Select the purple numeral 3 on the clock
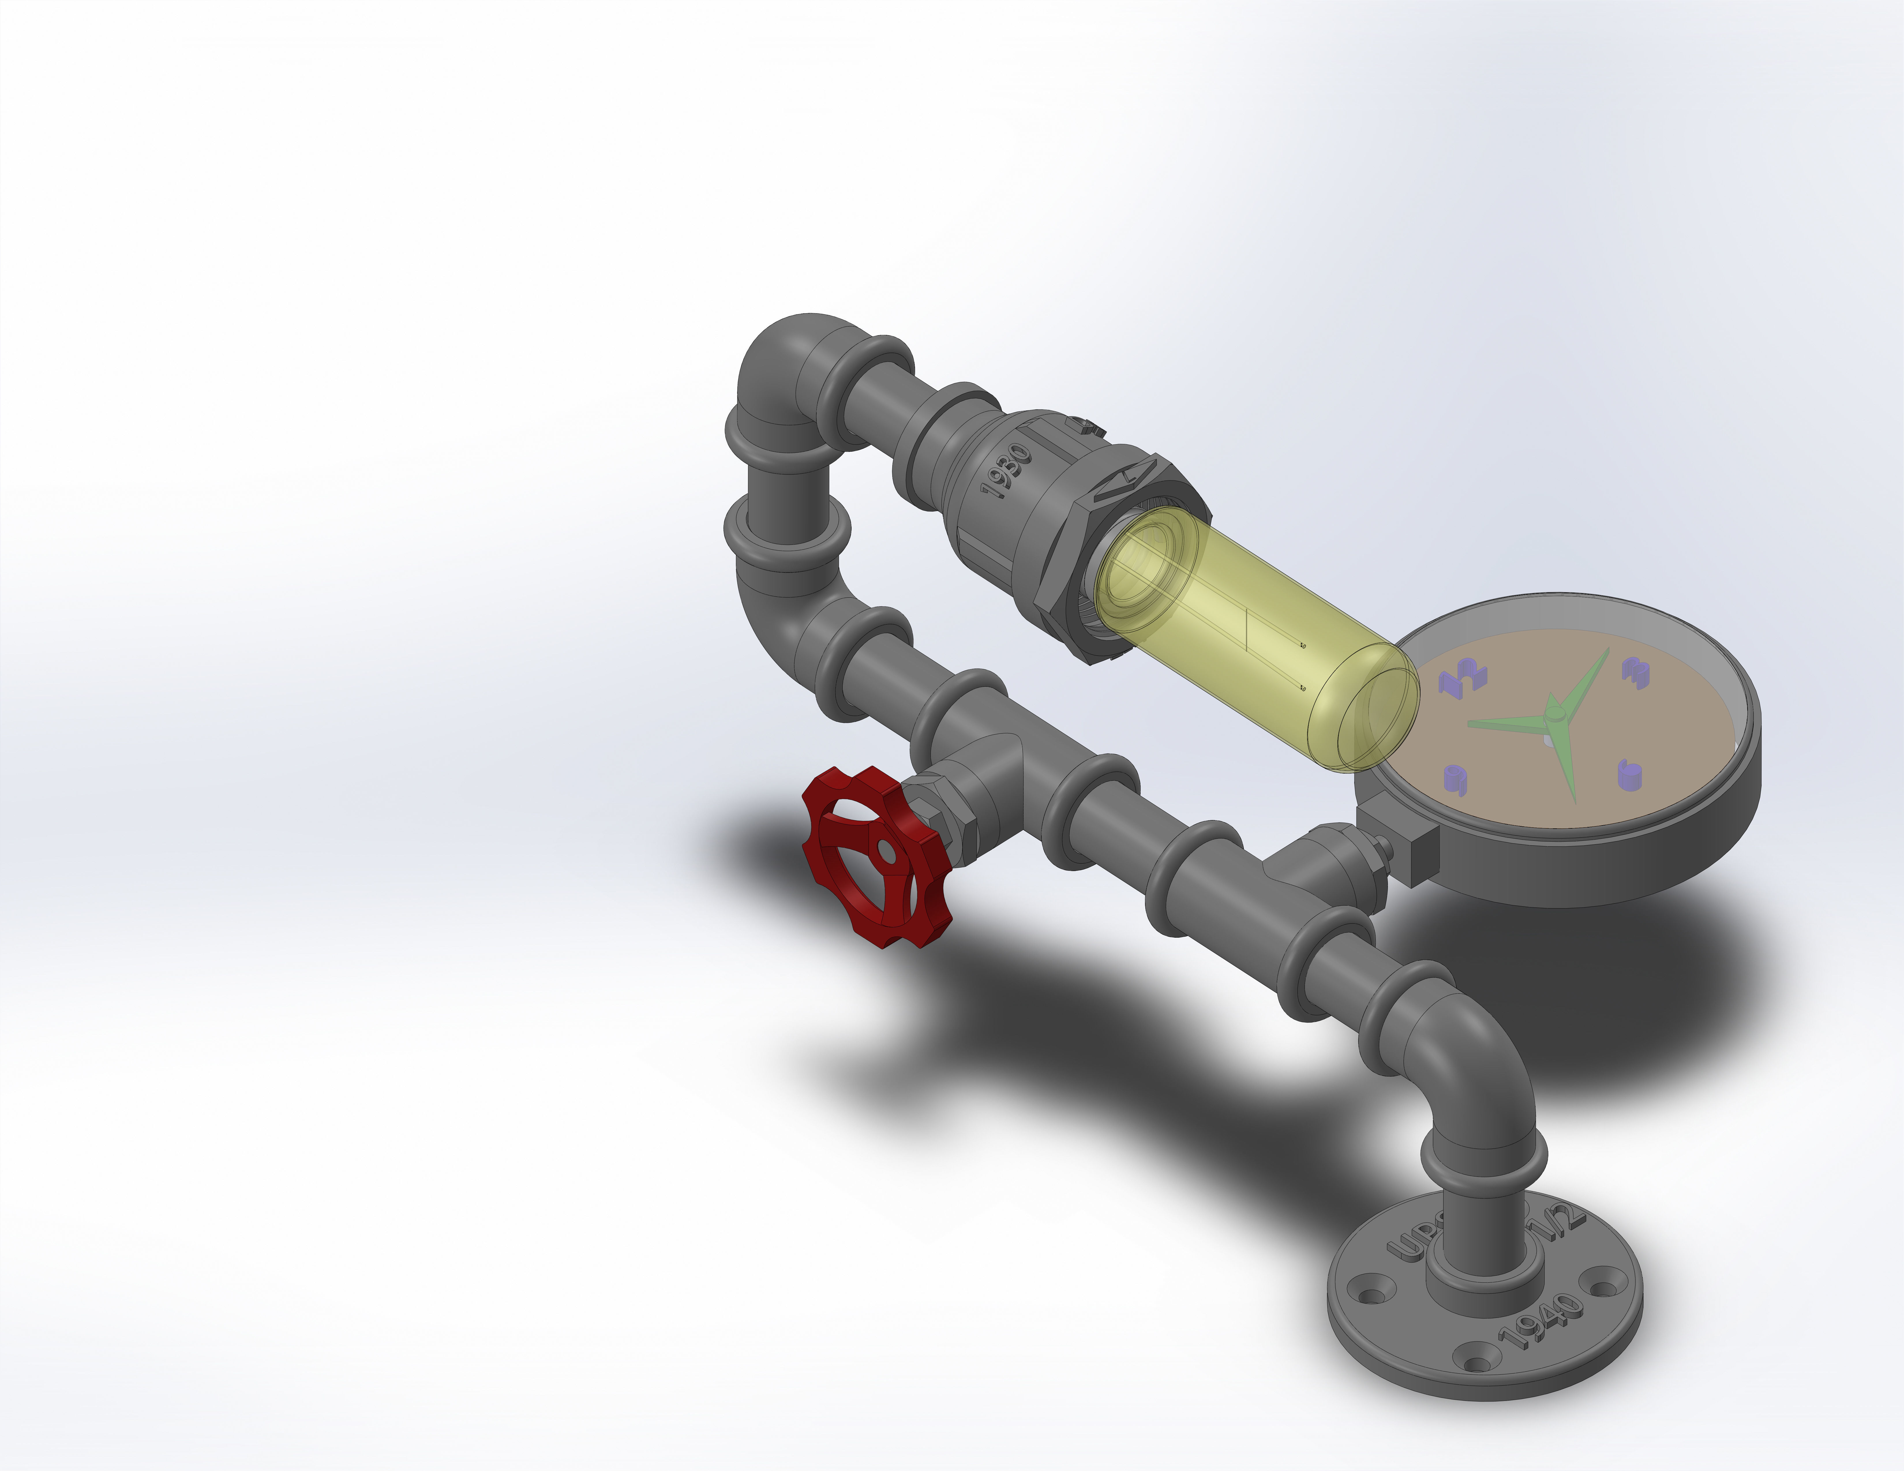[x=1635, y=671]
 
